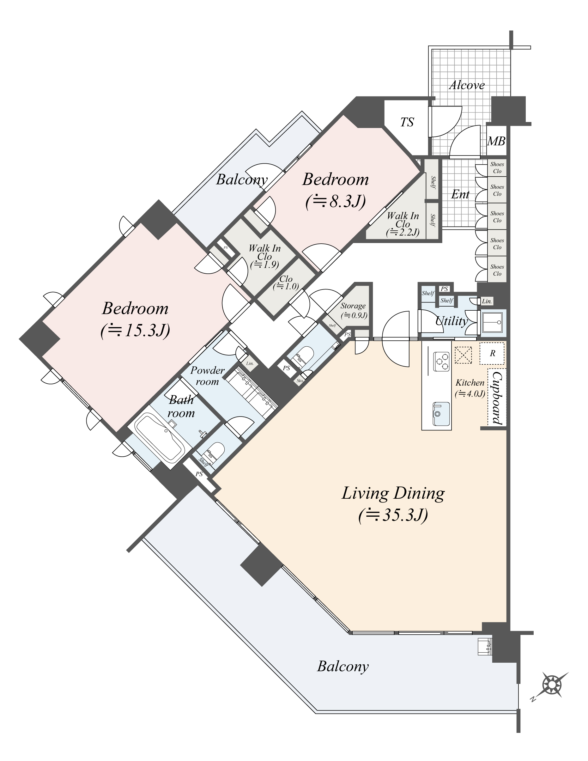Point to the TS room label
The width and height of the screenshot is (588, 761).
[407, 122]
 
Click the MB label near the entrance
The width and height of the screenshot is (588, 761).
[496, 141]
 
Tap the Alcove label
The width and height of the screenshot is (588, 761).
[467, 85]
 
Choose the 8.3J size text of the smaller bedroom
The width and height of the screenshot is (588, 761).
[336, 201]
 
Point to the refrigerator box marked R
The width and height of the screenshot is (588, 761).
[492, 353]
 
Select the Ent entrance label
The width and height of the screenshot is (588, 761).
[460, 194]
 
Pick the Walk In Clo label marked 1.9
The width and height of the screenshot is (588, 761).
[264, 256]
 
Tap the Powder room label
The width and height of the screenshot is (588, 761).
[207, 376]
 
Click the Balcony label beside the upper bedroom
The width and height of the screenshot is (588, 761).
[242, 180]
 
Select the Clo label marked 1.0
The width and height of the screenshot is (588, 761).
[286, 282]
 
